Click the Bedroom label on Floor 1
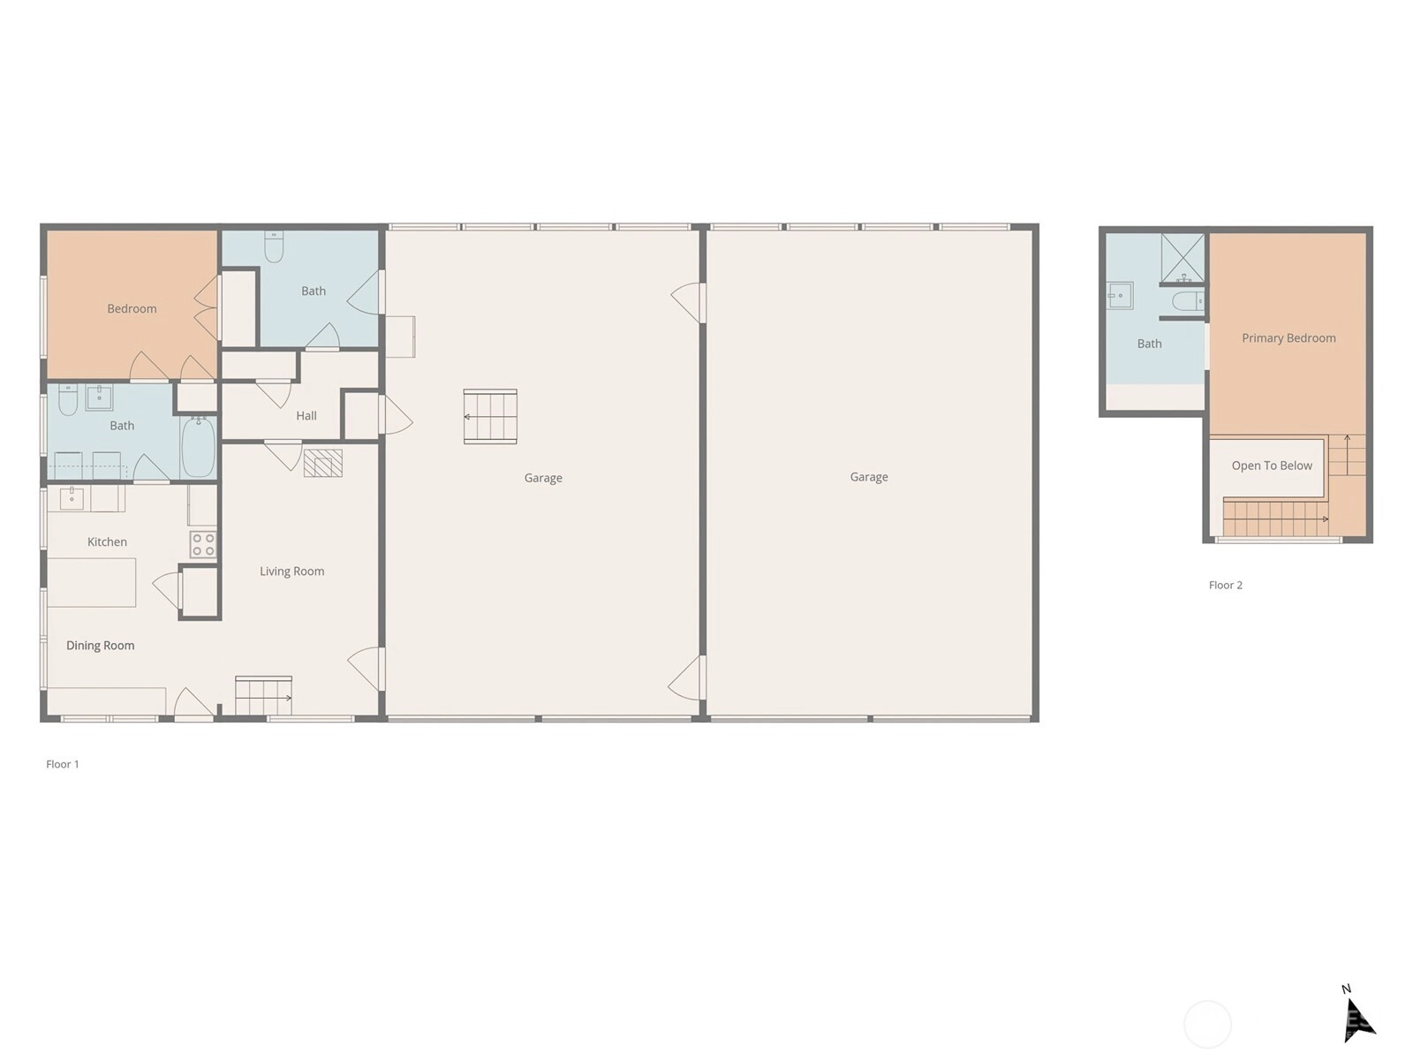point(132,309)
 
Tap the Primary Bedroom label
point(1288,338)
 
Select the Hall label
point(306,416)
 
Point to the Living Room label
point(291,572)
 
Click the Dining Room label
point(101,646)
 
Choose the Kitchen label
point(107,541)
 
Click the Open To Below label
point(1272,466)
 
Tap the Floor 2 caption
point(1226,585)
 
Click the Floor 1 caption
point(63,764)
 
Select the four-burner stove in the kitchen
point(203,544)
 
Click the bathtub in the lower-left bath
point(199,447)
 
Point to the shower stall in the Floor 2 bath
point(1183,257)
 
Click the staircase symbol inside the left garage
point(490,416)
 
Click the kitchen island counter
point(92,582)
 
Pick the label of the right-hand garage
point(869,477)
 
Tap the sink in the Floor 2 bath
point(1120,295)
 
